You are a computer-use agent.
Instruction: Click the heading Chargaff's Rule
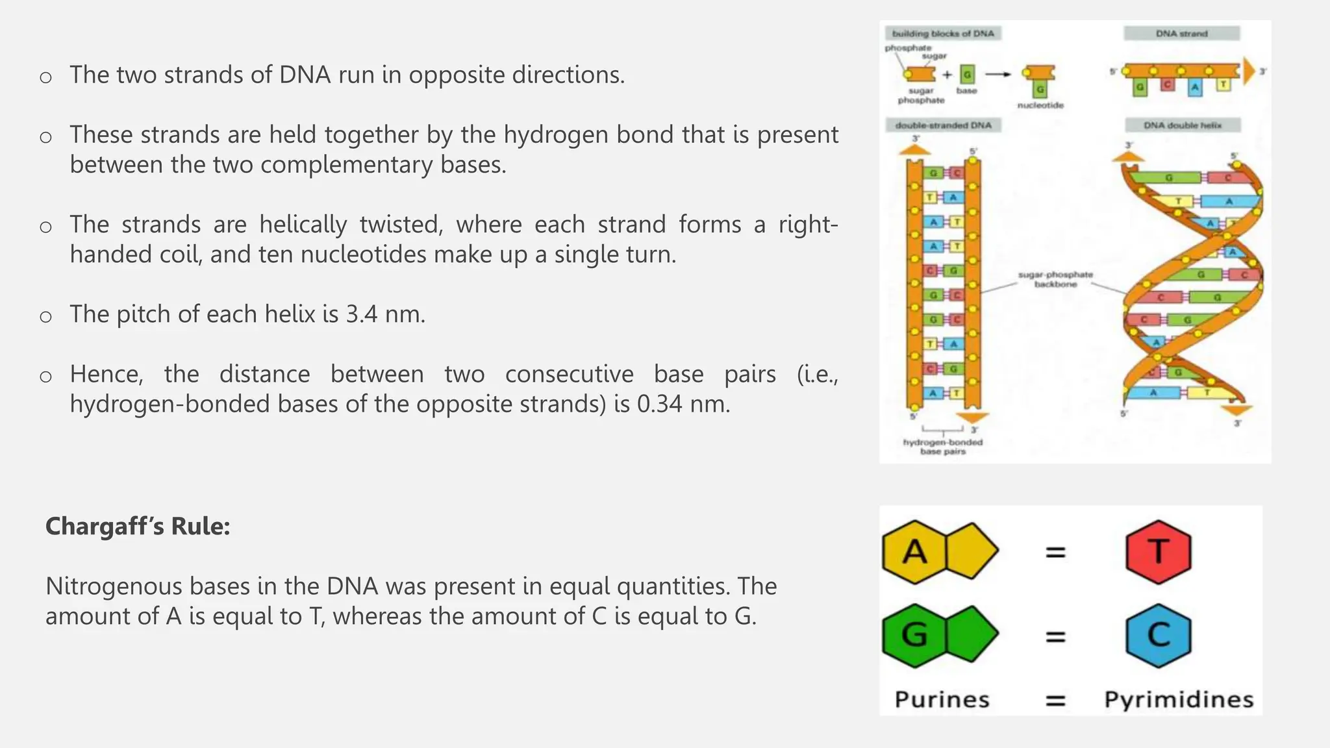pos(138,526)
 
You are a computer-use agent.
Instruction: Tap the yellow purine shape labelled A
pos(939,551)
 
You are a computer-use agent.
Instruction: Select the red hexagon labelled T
pos(1158,551)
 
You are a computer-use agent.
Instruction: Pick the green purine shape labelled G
pos(939,634)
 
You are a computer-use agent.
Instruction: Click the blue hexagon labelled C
pos(1158,635)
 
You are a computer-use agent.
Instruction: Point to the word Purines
pos(942,699)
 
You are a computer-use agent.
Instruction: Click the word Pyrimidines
pos(1179,699)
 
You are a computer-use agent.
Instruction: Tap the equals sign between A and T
pos(1055,553)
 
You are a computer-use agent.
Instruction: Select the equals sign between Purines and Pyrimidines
pos(1055,701)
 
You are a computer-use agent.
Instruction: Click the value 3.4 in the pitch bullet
pos(362,314)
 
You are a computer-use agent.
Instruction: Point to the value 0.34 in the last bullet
pos(659,404)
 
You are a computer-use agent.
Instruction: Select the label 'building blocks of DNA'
pos(943,33)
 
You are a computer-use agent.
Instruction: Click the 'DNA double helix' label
pos(1182,125)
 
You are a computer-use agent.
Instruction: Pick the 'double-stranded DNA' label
pos(943,125)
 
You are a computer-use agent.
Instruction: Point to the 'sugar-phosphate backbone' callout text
pos(1055,279)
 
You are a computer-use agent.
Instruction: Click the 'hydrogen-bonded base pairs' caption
pos(943,447)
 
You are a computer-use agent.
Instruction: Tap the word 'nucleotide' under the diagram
pos(1040,105)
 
